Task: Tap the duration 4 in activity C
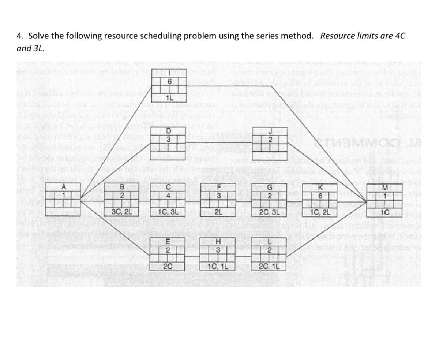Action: tap(168, 195)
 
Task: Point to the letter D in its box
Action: tap(168, 131)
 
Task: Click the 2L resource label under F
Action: tap(218, 211)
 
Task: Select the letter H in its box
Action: tap(218, 241)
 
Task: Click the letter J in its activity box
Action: tap(270, 131)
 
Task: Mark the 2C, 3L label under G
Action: tap(270, 211)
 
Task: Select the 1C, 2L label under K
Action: tap(320, 211)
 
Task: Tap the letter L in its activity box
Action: tap(270, 241)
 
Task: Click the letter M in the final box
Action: tap(384, 188)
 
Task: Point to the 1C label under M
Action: tap(384, 211)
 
